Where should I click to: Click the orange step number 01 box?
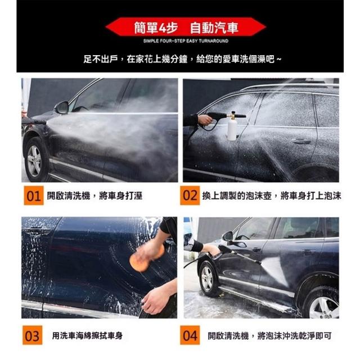[x=34, y=196]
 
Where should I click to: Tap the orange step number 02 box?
[x=190, y=195]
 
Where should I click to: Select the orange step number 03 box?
[x=33, y=335]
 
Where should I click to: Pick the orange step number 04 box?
[x=190, y=335]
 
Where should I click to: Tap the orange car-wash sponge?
[x=147, y=258]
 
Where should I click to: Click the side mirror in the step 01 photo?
[x=61, y=108]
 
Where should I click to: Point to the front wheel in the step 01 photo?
[x=34, y=160]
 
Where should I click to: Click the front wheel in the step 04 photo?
[x=208, y=278]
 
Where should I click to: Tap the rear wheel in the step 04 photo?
[x=322, y=303]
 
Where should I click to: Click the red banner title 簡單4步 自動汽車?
[x=186, y=28]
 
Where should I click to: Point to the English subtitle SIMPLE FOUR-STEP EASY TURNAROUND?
[x=186, y=41]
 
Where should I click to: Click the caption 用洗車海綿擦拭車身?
[x=87, y=336]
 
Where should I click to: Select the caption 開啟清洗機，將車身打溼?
[x=94, y=196]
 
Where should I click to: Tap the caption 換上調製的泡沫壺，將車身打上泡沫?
[x=272, y=196]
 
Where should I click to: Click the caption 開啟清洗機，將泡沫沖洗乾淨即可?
[x=269, y=336]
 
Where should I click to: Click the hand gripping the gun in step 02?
[x=205, y=120]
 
